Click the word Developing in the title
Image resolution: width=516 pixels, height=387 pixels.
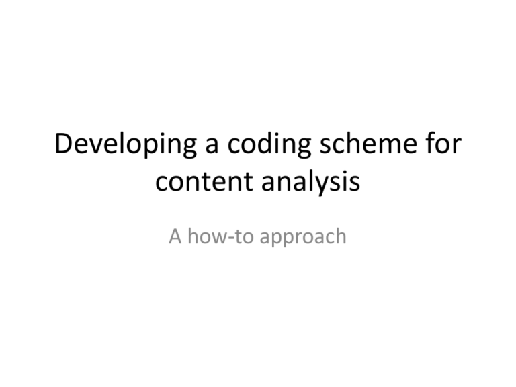pyautogui.click(x=126, y=145)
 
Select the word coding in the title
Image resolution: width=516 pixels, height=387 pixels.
pyautogui.click(x=269, y=145)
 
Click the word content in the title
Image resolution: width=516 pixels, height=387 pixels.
pyautogui.click(x=204, y=181)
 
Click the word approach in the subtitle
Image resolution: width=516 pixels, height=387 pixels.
pyautogui.click(x=303, y=237)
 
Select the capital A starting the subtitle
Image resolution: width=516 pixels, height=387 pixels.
pyautogui.click(x=175, y=236)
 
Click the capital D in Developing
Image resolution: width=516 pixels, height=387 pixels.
pyautogui.click(x=64, y=144)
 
